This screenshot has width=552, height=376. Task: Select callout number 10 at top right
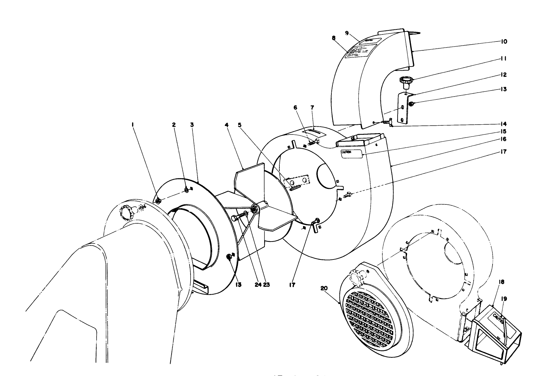point(504,42)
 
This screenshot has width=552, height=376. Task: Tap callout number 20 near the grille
point(324,288)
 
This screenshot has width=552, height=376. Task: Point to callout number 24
point(258,285)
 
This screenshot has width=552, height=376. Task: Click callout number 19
point(504,299)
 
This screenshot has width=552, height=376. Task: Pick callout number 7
point(312,107)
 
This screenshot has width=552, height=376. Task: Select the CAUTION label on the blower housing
point(351,152)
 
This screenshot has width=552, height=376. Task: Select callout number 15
point(504,131)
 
